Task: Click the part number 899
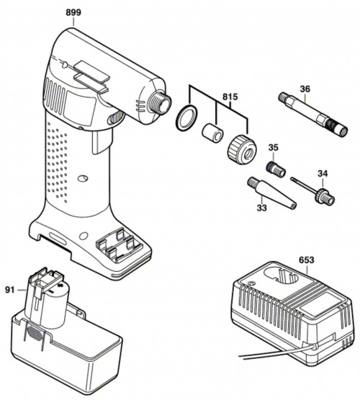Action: (x=73, y=12)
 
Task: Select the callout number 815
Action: (x=230, y=97)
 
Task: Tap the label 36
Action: (x=305, y=89)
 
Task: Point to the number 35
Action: (x=273, y=148)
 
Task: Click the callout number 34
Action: (x=323, y=174)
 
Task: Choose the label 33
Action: (x=261, y=208)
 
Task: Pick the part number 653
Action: (x=307, y=260)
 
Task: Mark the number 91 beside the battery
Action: (x=10, y=290)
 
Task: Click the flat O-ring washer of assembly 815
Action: (x=186, y=117)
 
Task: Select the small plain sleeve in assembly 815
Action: (x=212, y=133)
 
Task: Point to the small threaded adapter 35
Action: (x=276, y=169)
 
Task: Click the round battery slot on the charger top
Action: (x=281, y=276)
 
